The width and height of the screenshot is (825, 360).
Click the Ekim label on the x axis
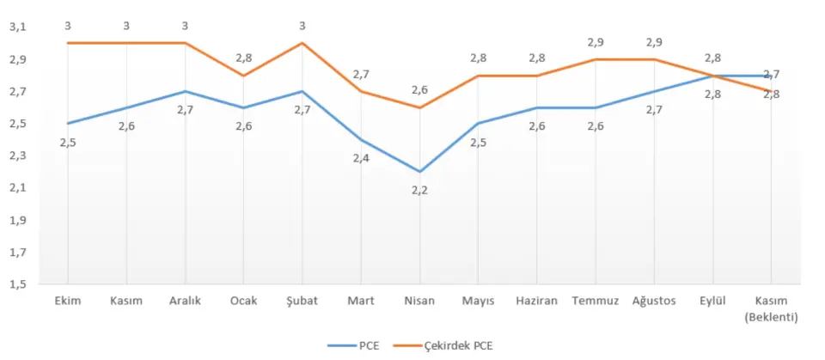pyautogui.click(x=68, y=301)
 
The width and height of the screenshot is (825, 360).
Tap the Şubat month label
pyautogui.click(x=302, y=301)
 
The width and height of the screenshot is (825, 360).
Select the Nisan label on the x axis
pyautogui.click(x=419, y=301)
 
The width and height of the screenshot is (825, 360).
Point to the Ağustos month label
pyautogui.click(x=653, y=301)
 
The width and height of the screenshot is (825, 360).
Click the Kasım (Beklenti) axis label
pyautogui.click(x=771, y=308)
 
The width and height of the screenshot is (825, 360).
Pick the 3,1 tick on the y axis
pyautogui.click(x=17, y=27)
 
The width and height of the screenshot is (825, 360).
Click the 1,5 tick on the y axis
pyautogui.click(x=17, y=284)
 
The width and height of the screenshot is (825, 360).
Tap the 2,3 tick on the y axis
pyautogui.click(x=17, y=156)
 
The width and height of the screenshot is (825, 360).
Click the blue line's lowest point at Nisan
pyautogui.click(x=419, y=172)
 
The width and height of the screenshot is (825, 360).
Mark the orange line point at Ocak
pyautogui.click(x=243, y=76)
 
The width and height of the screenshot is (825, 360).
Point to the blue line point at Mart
pyautogui.click(x=361, y=139)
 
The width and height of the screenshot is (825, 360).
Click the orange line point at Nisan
pyautogui.click(x=419, y=107)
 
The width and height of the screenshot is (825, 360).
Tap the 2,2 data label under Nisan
pyautogui.click(x=419, y=190)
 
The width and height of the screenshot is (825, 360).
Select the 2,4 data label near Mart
pyautogui.click(x=361, y=158)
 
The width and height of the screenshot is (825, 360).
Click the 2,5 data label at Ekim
pyautogui.click(x=68, y=142)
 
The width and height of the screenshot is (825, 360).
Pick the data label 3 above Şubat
pyautogui.click(x=302, y=26)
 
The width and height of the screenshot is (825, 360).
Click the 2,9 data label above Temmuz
pyautogui.click(x=595, y=42)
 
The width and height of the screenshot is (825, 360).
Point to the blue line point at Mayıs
pyautogui.click(x=478, y=124)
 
